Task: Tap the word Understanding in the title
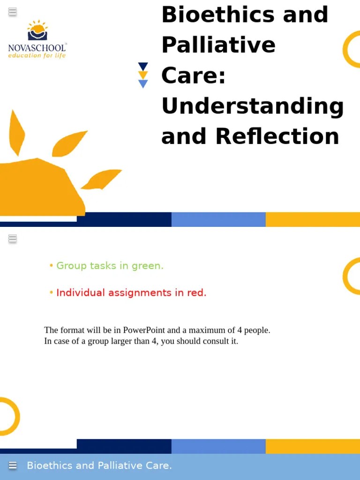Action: [x=252, y=106]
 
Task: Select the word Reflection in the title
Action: [x=277, y=136]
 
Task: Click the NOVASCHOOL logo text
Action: [x=37, y=47]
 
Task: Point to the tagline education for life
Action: [x=37, y=55]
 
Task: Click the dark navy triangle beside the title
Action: [x=143, y=67]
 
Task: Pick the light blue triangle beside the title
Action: [x=143, y=84]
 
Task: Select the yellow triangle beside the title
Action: [x=143, y=75]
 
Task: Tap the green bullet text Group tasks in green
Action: [x=110, y=266]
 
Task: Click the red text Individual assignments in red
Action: [x=131, y=292]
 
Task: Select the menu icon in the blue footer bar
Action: [x=13, y=465]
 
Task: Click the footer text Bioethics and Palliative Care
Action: [x=99, y=465]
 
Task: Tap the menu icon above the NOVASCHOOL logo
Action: [x=13, y=12]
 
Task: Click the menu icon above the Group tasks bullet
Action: [x=13, y=239]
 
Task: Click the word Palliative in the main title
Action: [x=218, y=45]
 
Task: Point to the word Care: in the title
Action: [x=193, y=76]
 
